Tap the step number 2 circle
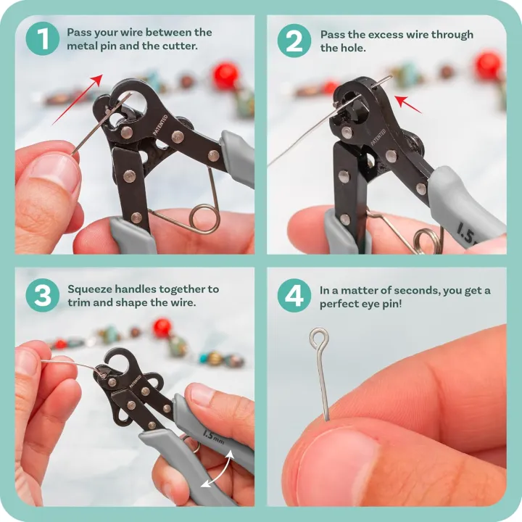click(x=294, y=39)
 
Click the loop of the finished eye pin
click(x=318, y=337)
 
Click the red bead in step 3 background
click(x=162, y=328)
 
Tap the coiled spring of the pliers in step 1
click(x=204, y=217)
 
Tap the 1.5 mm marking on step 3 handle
click(x=213, y=436)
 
